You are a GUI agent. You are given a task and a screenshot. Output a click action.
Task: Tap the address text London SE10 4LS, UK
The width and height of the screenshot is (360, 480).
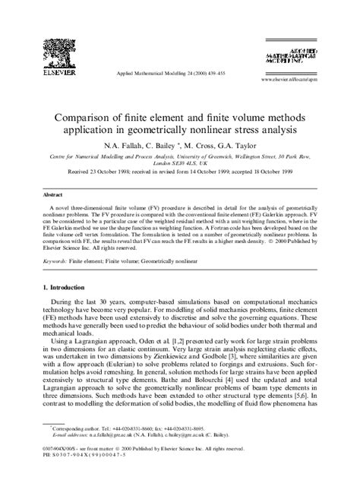[x=180, y=163]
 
